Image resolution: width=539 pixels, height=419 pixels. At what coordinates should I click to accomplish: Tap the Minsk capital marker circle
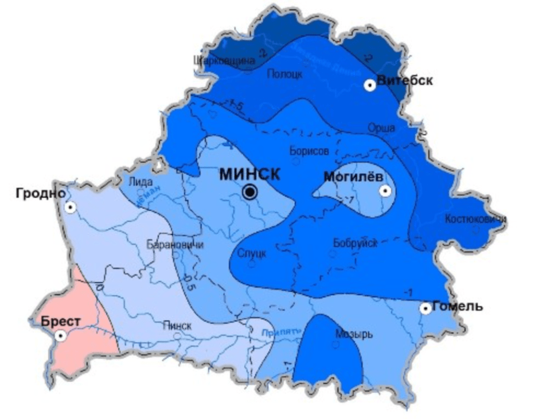point(249,193)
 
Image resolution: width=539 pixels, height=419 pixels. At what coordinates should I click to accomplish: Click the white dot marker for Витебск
point(370,85)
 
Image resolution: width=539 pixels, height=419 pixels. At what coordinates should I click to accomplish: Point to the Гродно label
point(40,193)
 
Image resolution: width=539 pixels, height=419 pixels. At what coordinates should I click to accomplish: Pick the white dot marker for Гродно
point(70,207)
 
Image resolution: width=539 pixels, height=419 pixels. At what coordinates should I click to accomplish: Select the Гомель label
point(457,306)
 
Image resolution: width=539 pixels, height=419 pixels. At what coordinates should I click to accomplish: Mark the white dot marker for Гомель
point(425,308)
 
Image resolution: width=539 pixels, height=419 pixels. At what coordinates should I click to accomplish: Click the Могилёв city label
point(353,177)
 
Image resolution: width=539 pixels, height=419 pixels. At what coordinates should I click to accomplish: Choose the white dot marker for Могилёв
point(386,191)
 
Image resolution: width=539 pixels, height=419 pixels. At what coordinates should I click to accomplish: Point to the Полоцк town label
point(285,73)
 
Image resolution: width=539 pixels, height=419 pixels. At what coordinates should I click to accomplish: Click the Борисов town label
point(310,151)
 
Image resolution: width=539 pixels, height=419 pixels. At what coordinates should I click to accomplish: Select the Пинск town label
point(177,325)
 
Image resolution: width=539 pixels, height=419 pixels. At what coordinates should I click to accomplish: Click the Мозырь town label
point(354,334)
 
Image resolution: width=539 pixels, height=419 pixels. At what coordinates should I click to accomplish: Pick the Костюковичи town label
point(475,219)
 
